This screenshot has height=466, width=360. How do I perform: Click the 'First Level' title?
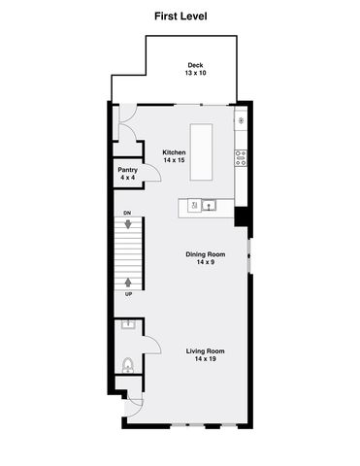click(180, 17)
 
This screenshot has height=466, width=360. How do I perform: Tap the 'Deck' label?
click(195, 65)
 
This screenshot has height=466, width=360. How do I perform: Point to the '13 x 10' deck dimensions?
click(195, 74)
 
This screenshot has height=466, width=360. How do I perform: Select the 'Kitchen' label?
click(174, 151)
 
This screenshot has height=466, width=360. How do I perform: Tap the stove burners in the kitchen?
click(240, 156)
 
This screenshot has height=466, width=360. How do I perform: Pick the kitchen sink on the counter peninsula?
click(207, 205)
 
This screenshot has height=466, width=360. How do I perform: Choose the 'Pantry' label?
click(128, 170)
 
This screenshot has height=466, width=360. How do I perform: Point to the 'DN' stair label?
click(127, 213)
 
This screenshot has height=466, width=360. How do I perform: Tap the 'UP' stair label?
click(127, 293)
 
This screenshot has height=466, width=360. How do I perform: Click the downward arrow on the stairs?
click(127, 224)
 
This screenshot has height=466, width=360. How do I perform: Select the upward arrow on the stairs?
click(127, 283)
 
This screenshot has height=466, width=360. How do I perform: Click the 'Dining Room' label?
click(205, 254)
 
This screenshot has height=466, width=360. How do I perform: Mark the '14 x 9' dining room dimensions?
click(205, 263)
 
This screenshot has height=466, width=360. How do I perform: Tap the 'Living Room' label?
click(206, 351)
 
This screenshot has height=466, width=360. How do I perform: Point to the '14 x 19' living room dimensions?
click(206, 360)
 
